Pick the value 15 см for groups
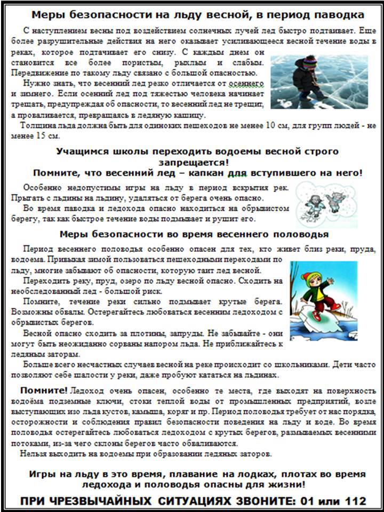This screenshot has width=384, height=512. click(46, 136)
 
